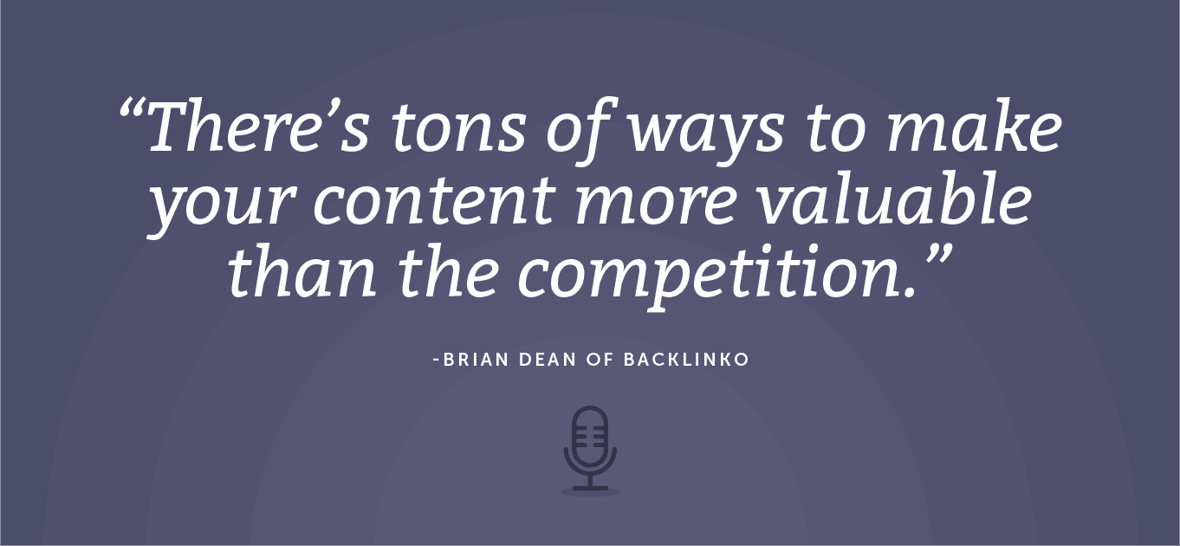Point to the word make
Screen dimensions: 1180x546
[x=975, y=127]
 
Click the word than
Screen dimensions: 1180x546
[x=303, y=271]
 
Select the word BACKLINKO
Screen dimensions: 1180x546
[x=686, y=360]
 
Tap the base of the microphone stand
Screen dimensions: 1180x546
[x=590, y=489]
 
